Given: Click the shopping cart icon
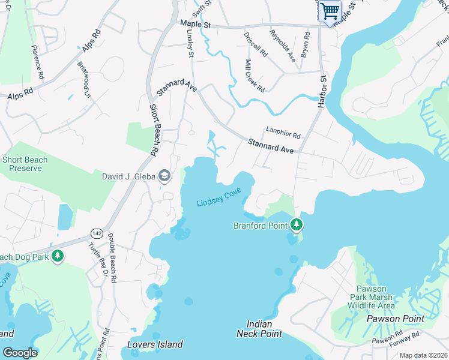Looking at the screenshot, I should (x=330, y=11).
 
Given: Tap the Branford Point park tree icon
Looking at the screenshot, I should (x=296, y=225).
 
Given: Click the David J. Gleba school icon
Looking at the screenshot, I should (x=164, y=176).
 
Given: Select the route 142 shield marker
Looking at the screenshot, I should (x=96, y=232).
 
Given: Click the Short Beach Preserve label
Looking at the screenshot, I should (x=25, y=164).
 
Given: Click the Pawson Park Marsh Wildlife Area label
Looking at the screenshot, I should (x=372, y=297).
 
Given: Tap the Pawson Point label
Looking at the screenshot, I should (x=396, y=319).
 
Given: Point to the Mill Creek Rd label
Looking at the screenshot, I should (x=255, y=76).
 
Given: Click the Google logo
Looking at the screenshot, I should (x=20, y=353).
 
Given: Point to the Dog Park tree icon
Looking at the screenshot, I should (x=57, y=257).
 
